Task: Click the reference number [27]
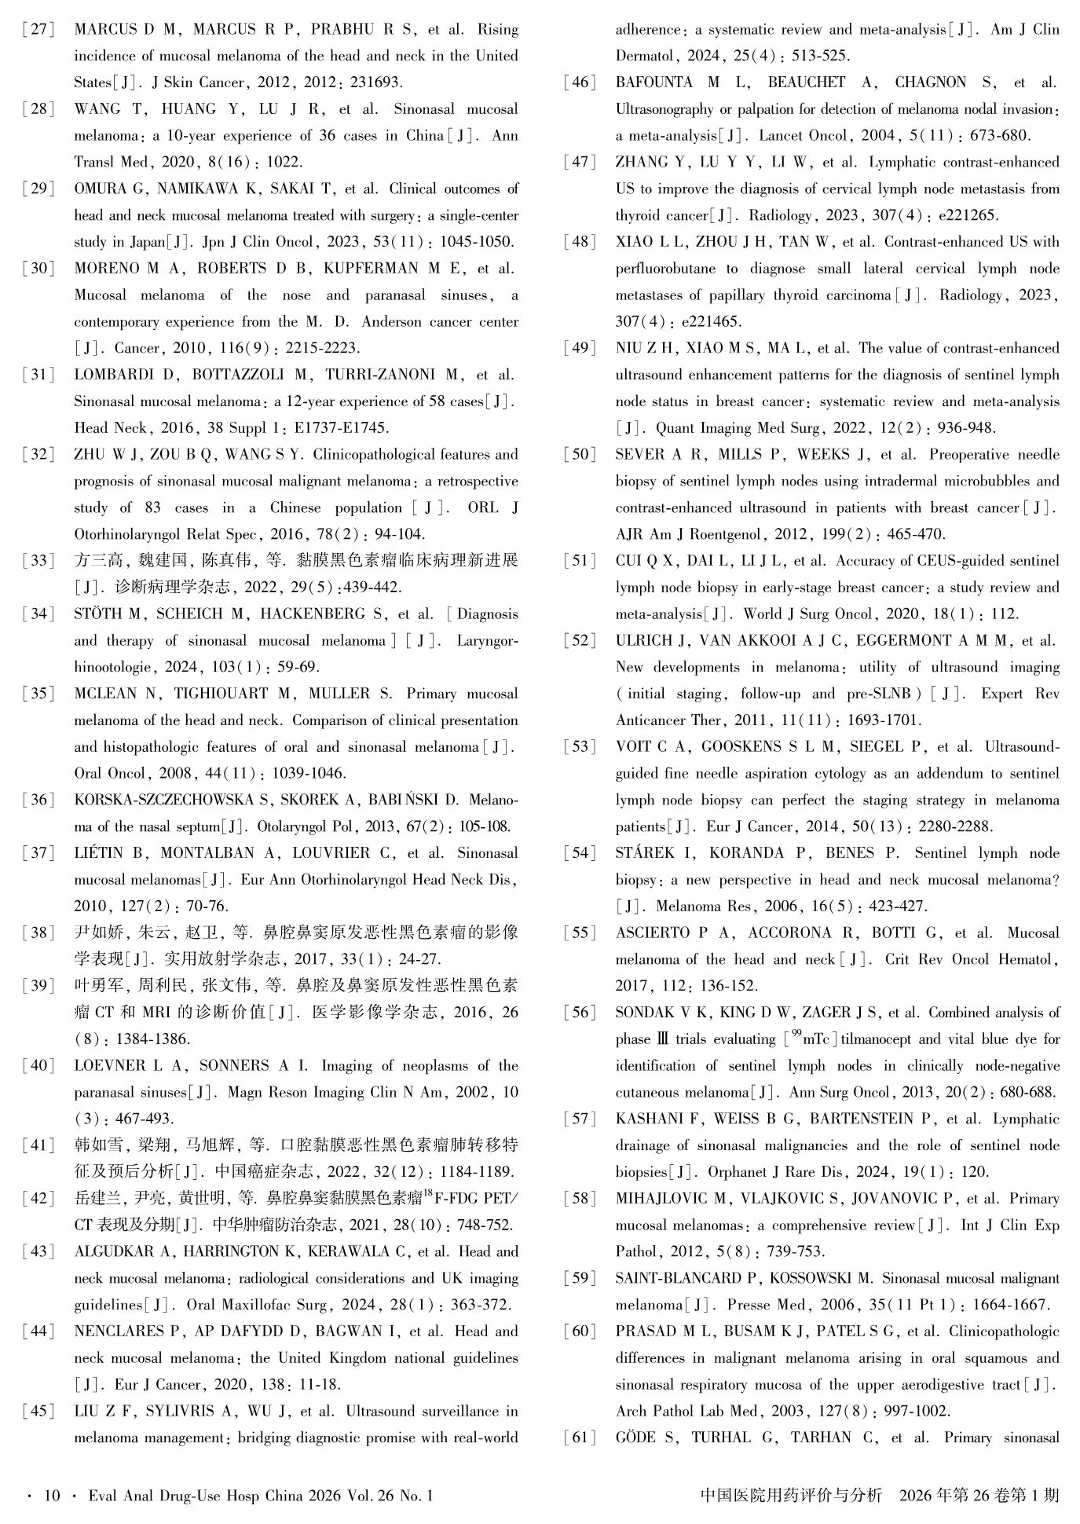[38, 30]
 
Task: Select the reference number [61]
[579, 1438]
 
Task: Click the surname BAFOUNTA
[654, 82]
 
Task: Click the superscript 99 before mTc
[796, 1035]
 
